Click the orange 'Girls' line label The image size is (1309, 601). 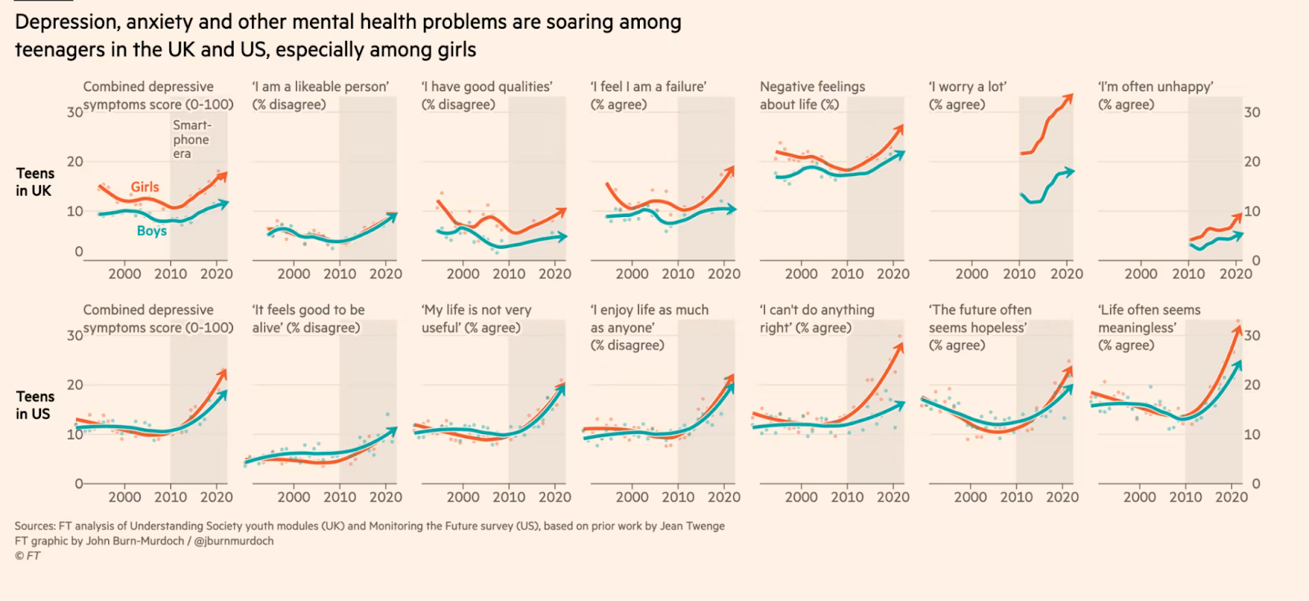pos(145,187)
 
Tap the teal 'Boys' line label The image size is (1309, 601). pos(151,231)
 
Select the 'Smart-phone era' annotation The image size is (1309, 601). pos(191,139)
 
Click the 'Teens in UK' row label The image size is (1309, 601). pos(34,182)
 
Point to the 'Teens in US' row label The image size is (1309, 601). pos(34,405)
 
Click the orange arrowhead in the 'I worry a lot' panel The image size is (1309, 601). pos(1068,98)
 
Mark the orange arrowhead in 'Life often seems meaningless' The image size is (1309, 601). pos(1237,329)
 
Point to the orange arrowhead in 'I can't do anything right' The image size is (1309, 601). pos(899,347)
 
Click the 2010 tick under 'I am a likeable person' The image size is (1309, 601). pos(340,274)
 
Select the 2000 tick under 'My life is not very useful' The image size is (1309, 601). pos(462,497)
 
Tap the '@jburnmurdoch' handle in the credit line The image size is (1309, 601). pos(233,541)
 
